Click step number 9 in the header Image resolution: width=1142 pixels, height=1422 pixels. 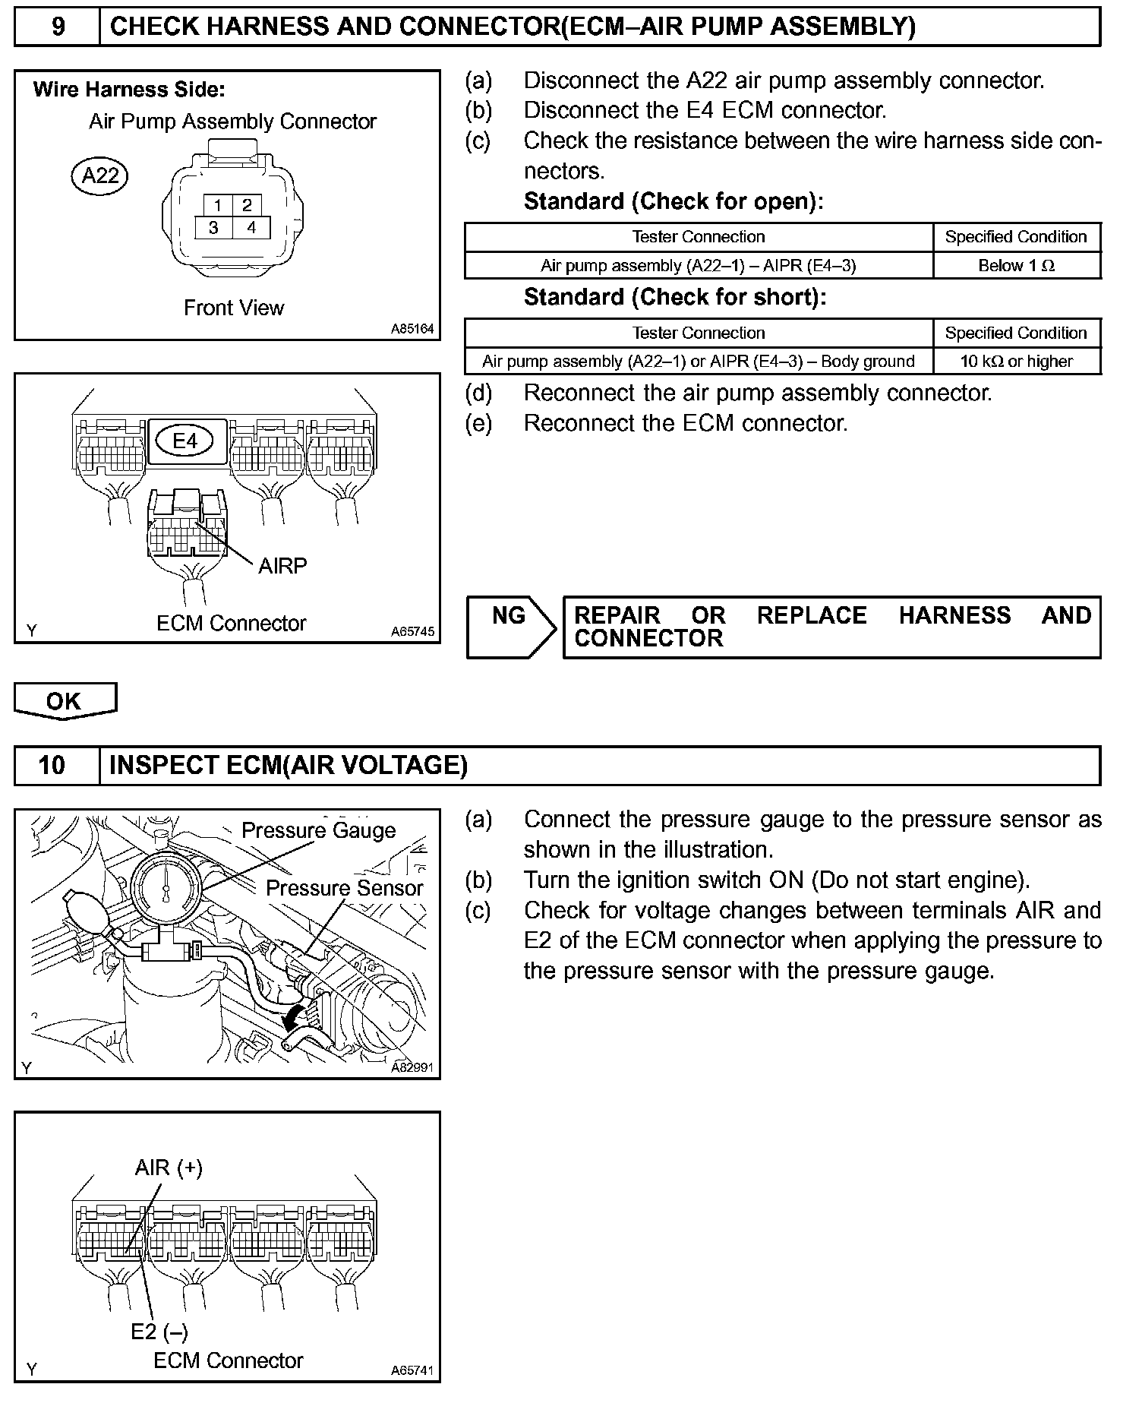58,27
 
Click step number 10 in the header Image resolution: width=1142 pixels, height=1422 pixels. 52,765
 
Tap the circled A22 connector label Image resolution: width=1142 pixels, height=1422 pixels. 100,176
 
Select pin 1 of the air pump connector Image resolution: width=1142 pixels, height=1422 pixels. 218,205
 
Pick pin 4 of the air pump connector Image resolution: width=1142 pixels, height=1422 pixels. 251,227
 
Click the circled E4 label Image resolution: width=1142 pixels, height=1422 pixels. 185,441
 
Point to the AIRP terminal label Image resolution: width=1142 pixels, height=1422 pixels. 282,566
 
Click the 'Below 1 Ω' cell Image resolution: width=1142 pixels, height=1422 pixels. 1016,266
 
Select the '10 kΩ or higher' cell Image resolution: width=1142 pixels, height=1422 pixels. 1016,362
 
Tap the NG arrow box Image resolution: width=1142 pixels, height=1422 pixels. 510,626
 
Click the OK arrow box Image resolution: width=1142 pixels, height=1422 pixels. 64,700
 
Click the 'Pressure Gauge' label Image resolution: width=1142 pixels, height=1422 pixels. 318,830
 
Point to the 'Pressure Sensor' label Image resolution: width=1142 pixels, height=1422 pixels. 344,888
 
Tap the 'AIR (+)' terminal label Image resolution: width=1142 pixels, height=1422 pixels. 169,1168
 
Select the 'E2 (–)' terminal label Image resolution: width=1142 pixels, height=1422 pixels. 159,1331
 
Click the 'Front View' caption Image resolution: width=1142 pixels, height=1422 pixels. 234,308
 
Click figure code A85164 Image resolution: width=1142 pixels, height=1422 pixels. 412,329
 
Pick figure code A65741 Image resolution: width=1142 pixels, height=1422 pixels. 412,1370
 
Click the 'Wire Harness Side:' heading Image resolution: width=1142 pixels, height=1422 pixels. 129,90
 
